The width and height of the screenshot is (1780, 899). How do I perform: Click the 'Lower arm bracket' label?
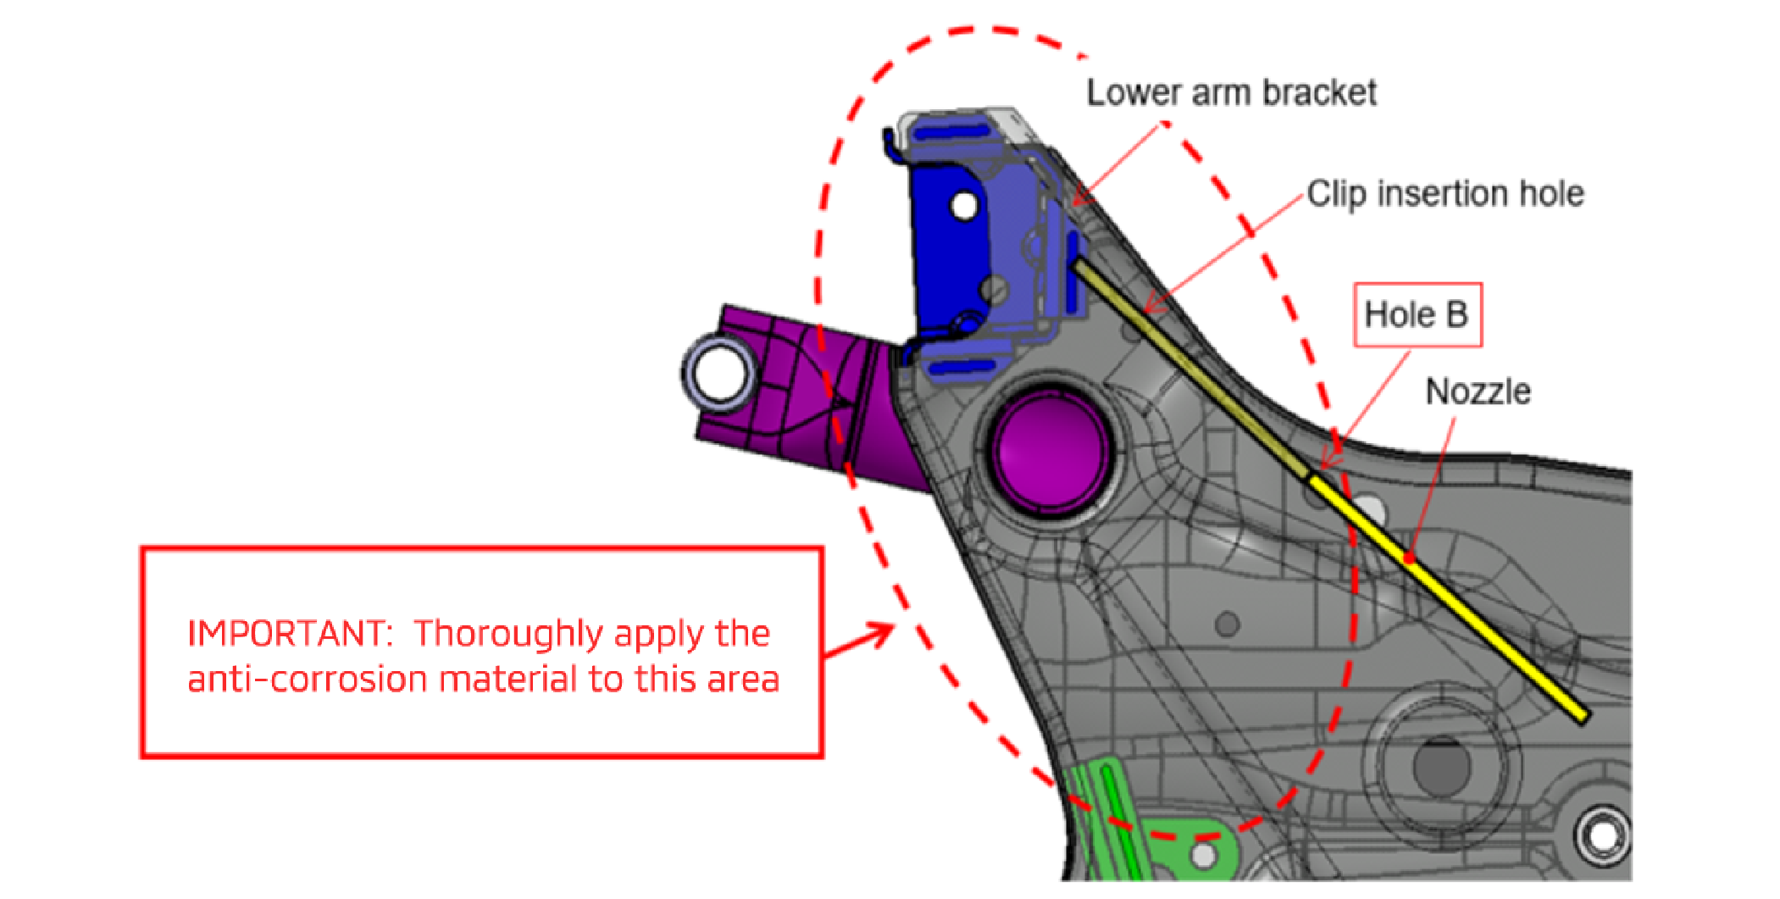(1231, 92)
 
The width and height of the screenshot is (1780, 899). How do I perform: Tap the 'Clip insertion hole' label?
(1445, 194)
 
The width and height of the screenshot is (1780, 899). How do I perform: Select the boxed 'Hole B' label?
(1417, 315)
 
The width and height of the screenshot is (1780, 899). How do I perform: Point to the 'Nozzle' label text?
(1478, 391)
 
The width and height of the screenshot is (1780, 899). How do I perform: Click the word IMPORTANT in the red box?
(286, 634)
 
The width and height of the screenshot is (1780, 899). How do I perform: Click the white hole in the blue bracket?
(964, 205)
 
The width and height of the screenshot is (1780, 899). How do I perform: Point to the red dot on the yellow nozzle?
(1409, 558)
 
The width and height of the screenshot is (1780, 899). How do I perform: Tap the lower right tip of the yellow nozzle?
(1581, 718)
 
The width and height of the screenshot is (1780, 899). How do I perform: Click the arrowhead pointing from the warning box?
(881, 633)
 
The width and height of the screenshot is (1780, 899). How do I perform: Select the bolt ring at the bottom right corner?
(1602, 835)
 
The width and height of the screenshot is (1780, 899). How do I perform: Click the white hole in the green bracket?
(1203, 854)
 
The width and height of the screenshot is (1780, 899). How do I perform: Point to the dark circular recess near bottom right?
(1442, 765)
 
